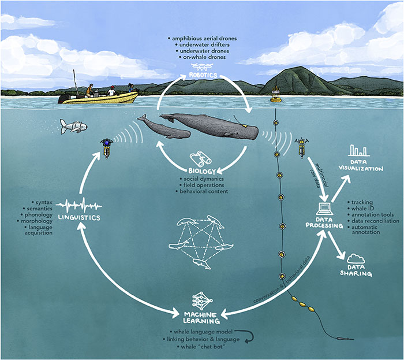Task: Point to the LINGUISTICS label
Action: pyautogui.click(x=80, y=217)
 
